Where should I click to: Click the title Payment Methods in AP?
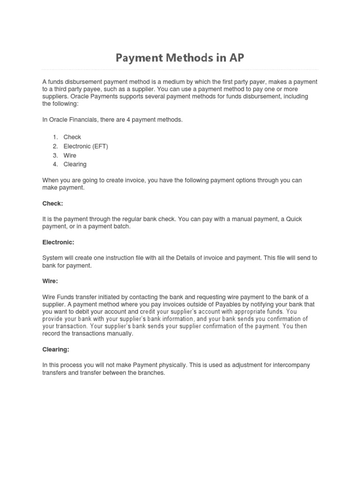pos(180,58)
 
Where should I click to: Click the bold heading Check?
pos(52,203)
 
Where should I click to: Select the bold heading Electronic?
pos(58,242)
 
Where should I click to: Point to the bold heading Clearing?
pos(56,350)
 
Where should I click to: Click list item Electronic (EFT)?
pos(86,146)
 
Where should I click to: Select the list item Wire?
pos(70,155)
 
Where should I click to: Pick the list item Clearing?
pos(75,165)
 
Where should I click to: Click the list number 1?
pos(55,137)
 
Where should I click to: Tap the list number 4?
pos(55,165)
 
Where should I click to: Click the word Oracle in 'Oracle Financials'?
pos(58,120)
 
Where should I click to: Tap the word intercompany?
pos(290,365)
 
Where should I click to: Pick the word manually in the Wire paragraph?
pos(121,334)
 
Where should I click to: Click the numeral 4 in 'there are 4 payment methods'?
pos(133,120)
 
